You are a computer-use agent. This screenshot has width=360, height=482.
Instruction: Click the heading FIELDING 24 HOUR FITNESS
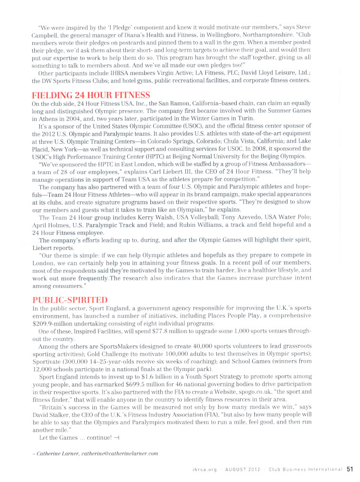[x=91, y=95]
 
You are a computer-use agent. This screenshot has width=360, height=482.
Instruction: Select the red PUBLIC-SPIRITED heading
[x=69, y=300]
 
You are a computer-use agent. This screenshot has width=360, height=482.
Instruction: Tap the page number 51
[x=351, y=470]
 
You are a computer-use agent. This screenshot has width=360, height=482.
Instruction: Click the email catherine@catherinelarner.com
[x=120, y=454]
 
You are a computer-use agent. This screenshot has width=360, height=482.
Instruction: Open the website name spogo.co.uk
[x=260, y=391]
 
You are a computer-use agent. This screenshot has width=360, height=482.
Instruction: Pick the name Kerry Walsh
[x=146, y=217]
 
